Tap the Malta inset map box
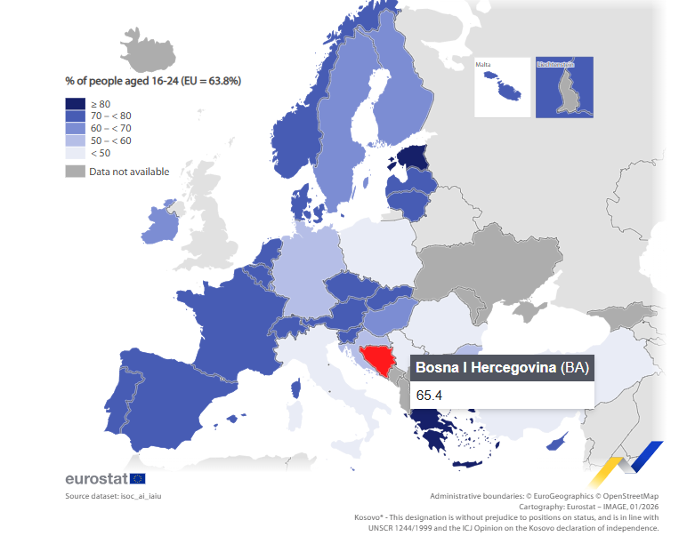click(x=501, y=86)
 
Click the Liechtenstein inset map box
click(x=563, y=86)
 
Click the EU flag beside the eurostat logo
click(x=137, y=479)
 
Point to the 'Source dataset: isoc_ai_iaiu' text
click(x=113, y=495)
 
